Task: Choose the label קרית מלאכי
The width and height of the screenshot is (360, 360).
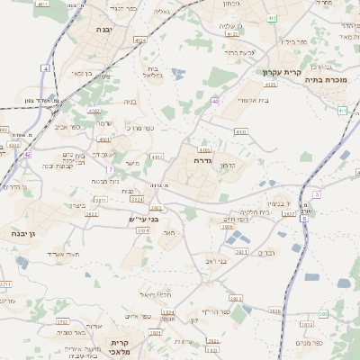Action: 121,347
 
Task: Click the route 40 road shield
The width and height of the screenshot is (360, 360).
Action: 215,101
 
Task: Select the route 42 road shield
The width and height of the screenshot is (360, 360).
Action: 27,154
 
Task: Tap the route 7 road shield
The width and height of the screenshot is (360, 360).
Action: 110,169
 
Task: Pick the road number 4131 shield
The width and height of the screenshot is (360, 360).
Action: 240,131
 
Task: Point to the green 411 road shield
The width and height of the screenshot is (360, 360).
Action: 342,110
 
